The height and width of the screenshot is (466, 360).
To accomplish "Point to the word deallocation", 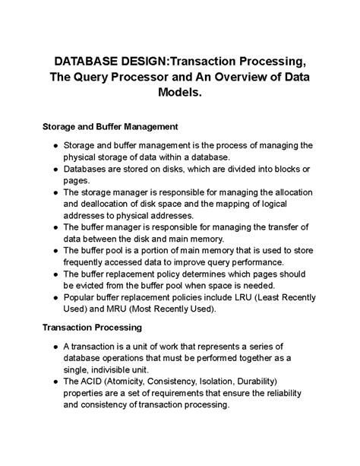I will [101, 204].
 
